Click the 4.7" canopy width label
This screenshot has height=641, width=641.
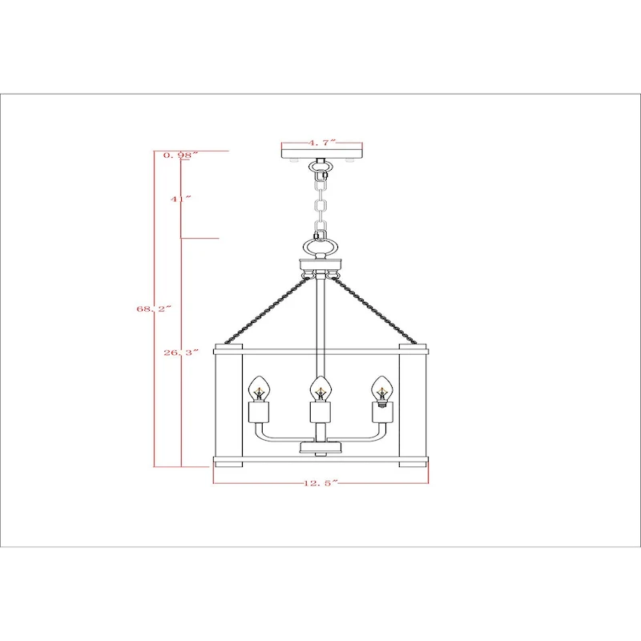coord(322,143)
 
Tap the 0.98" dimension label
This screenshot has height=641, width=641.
coord(179,155)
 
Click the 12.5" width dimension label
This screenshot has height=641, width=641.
coord(321,483)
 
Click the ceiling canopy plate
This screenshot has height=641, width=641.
coord(322,152)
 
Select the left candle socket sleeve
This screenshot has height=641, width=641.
coord(258,413)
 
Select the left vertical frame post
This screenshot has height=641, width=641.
coord(228,405)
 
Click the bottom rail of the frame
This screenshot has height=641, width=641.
coord(321,462)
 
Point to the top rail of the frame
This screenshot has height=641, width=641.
coord(321,350)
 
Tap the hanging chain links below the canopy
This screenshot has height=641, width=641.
coord(322,200)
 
